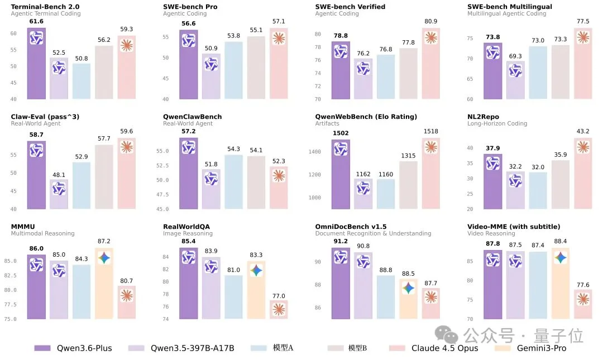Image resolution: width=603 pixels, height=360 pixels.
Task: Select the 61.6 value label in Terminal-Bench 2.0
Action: tap(36, 21)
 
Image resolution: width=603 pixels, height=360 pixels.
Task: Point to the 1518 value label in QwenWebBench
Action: tap(430, 132)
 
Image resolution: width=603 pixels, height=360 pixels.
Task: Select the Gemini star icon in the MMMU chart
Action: tap(104, 258)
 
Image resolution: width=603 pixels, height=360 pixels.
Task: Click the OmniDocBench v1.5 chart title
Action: tap(351, 227)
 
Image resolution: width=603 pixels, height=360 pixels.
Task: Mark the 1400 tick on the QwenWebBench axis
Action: tap(315, 152)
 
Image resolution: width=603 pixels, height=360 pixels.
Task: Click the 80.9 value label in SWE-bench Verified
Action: tap(430, 22)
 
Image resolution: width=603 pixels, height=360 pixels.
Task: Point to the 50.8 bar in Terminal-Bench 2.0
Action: tap(81, 81)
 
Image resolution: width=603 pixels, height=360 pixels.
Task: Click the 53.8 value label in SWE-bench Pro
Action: tap(233, 35)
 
